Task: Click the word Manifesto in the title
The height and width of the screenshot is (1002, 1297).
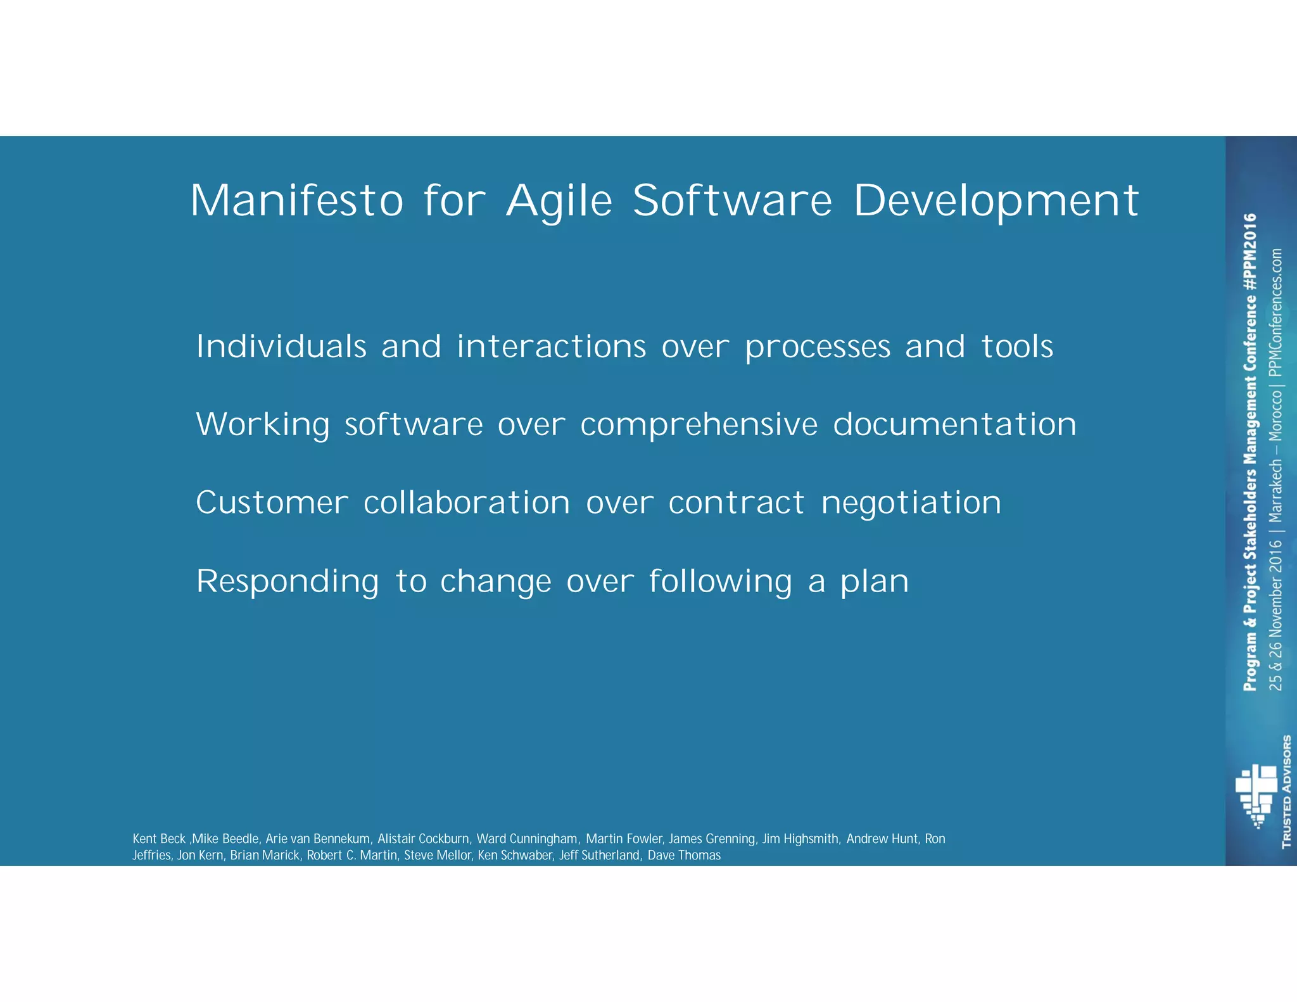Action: click(x=296, y=200)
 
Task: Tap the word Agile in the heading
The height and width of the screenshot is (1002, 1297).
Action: click(x=559, y=201)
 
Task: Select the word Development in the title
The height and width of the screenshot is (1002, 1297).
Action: click(x=996, y=201)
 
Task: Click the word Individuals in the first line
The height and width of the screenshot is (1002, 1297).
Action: click(x=281, y=346)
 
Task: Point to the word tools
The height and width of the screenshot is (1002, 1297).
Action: click(x=1017, y=346)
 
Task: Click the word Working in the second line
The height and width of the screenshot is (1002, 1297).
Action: click(x=263, y=424)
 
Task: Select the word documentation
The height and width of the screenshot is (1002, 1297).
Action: click(x=954, y=424)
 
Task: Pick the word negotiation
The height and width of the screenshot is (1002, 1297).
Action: click(x=911, y=504)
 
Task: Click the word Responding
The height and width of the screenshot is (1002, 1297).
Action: click(x=288, y=581)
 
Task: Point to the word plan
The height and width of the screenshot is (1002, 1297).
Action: click(x=875, y=583)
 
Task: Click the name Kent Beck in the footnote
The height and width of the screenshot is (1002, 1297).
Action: click(x=159, y=839)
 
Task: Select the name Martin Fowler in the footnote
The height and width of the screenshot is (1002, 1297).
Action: click(x=624, y=839)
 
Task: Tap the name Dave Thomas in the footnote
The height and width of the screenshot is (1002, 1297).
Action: click(x=684, y=855)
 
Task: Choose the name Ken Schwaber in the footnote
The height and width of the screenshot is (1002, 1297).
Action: click(x=515, y=855)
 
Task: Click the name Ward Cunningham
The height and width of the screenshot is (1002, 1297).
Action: click(x=527, y=839)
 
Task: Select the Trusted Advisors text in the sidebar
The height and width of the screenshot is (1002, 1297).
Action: click(x=1286, y=791)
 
